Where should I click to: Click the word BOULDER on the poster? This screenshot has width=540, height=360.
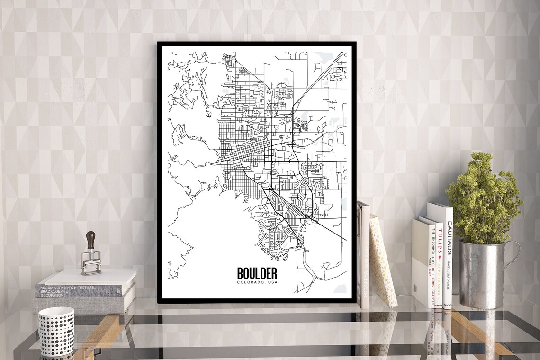click(x=257, y=273)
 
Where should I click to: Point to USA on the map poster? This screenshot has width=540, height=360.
click(x=272, y=283)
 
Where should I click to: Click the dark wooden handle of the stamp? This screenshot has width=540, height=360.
click(x=90, y=240)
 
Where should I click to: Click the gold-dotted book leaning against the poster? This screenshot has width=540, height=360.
click(x=383, y=261)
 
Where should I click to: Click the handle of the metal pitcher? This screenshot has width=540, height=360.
click(x=513, y=265)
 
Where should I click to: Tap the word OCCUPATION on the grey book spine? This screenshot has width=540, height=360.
click(x=52, y=295)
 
